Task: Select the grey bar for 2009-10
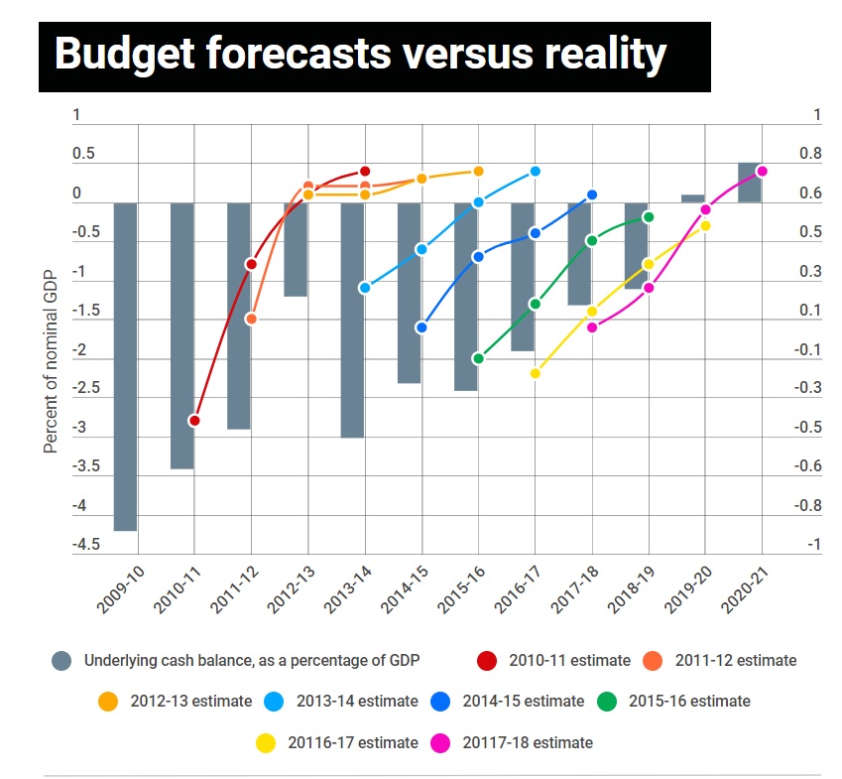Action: click(x=125, y=366)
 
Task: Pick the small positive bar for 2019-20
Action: click(x=692, y=198)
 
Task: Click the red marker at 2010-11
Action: click(x=194, y=421)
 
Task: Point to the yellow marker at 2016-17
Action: click(x=535, y=373)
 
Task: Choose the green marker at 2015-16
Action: click(x=478, y=358)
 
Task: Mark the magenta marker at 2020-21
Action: click(x=762, y=171)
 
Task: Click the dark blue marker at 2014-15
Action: click(x=421, y=326)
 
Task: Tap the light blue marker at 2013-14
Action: click(x=365, y=288)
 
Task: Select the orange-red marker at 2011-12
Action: click(x=251, y=319)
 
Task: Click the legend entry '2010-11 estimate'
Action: click(x=569, y=660)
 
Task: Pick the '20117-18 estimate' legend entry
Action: click(x=525, y=742)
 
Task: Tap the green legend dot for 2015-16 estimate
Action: click(x=608, y=702)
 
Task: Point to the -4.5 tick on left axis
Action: click(x=85, y=544)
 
